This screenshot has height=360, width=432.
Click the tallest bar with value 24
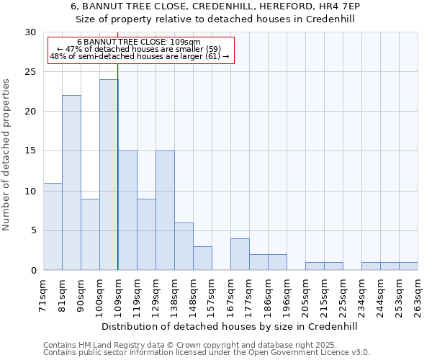coord(109,175)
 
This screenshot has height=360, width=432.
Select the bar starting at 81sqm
coord(71,183)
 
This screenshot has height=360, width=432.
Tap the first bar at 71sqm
coord(53,227)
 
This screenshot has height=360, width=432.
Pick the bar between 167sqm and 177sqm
coord(240,254)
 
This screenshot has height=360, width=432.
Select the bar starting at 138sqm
coord(184,246)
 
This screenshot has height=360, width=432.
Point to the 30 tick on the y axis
coord(30,32)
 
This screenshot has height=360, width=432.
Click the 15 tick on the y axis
coord(30,151)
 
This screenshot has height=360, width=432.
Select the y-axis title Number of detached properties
coord(6,155)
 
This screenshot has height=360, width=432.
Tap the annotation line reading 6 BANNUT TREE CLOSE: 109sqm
coord(139,42)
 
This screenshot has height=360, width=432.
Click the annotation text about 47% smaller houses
coord(139,49)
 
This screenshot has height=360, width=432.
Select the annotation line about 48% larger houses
coord(139,55)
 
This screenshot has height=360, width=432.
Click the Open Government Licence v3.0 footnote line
coord(207,352)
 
